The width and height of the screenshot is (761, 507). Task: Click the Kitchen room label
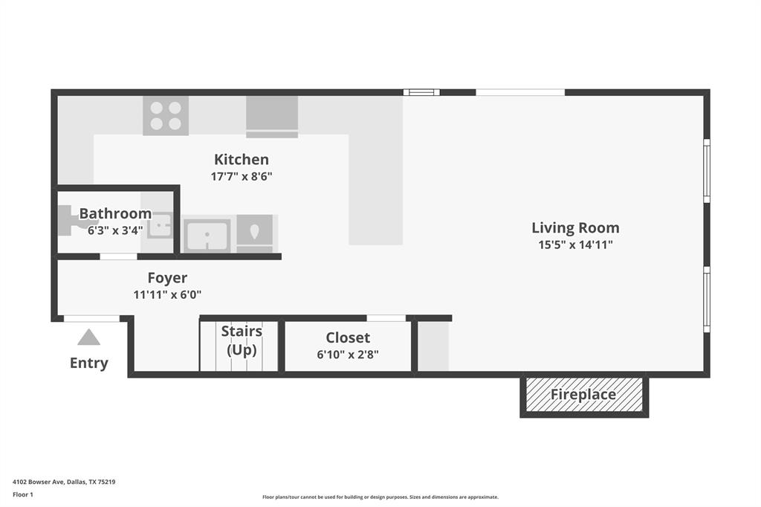coord(242,159)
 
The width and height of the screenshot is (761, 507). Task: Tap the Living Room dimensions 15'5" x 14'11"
coord(575,245)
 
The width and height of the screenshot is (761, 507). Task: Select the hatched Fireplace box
coord(583,395)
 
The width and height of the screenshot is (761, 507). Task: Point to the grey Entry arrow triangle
coord(88,338)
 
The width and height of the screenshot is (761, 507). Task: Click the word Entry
coord(88,363)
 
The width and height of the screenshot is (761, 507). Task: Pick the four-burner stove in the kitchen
coord(166,116)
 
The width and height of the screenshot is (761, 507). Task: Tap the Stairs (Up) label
coord(242,340)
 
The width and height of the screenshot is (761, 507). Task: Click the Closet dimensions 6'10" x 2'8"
coord(348,355)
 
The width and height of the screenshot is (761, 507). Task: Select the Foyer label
coord(167,278)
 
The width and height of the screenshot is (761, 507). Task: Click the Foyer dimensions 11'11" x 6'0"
coord(167,294)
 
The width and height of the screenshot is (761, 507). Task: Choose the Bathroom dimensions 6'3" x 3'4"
coord(115,230)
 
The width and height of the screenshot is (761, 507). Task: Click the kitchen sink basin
coord(207,235)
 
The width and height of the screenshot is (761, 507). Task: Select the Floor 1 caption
coord(22,494)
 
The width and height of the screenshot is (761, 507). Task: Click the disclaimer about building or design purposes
coord(380,497)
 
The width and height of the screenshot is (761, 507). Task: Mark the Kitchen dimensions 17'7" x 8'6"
coord(242,176)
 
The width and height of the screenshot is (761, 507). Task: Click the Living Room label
coord(575,227)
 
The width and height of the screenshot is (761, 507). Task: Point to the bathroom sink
coord(159,225)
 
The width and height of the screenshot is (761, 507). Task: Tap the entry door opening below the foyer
coord(91,319)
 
